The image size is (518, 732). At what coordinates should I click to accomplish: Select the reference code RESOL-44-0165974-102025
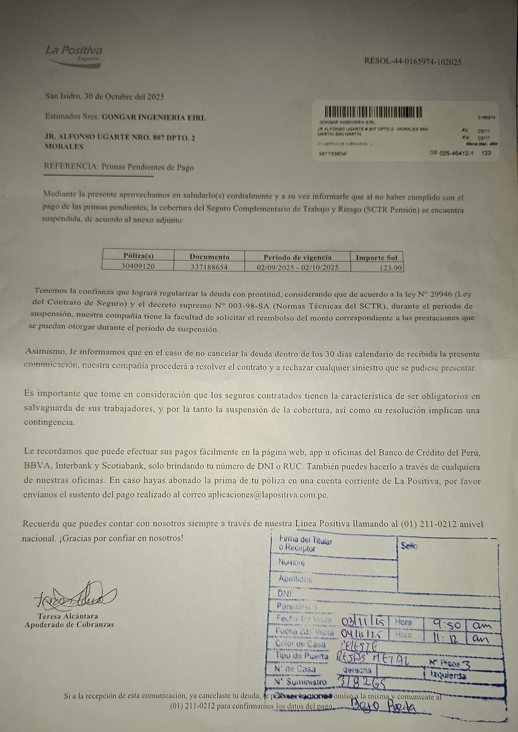point(413,61)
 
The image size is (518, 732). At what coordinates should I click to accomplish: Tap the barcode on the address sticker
point(373,112)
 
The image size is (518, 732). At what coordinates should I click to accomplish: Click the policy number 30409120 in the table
point(138,266)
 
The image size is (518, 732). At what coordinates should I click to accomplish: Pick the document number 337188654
point(209,267)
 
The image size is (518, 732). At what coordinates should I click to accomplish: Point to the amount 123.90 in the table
point(390,268)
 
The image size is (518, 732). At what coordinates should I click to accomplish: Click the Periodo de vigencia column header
point(297,257)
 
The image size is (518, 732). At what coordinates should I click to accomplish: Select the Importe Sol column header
point(377,258)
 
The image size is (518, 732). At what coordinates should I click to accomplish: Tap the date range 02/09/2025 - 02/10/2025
point(297,267)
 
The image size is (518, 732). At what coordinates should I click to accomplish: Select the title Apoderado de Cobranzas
point(69,624)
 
